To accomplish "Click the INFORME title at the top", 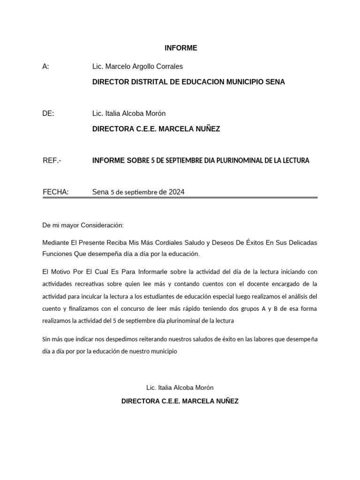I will tap(180, 48).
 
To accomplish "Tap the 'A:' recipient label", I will tap(45, 67).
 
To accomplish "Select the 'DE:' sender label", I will tap(48, 113).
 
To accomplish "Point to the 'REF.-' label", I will tap(52, 160).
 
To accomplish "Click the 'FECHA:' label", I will tap(55, 192).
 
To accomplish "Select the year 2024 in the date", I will tap(176, 192).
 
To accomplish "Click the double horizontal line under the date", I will tap(180, 198).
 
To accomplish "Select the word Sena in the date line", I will tap(100, 192).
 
